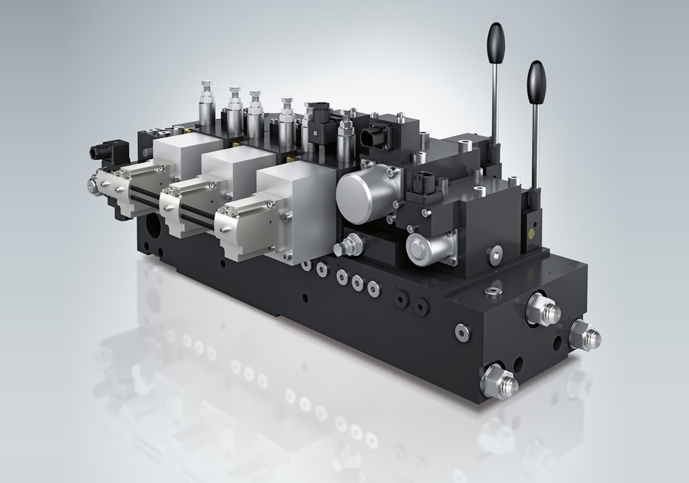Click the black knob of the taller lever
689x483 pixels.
click(496, 43)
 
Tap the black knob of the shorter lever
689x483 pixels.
click(536, 82)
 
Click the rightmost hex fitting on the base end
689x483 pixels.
click(585, 336)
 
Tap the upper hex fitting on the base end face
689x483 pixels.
click(542, 309)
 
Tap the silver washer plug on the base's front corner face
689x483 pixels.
click(462, 332)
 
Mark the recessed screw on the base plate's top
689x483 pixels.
click(493, 290)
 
